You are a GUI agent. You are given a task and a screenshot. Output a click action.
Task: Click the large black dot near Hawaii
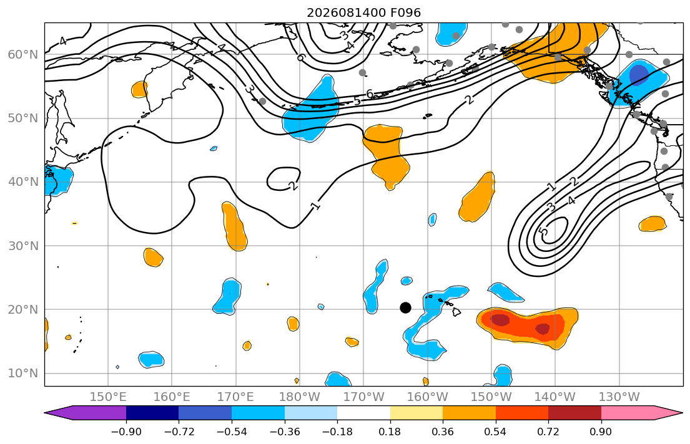[x=405, y=307]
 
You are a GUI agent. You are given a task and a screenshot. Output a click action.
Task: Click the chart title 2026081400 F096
[x=363, y=12]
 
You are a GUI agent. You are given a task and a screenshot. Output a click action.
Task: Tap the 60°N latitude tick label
[x=23, y=54]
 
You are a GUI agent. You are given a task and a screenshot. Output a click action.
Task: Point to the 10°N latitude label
[x=23, y=374]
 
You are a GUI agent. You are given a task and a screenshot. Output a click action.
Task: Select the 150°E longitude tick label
[x=108, y=397]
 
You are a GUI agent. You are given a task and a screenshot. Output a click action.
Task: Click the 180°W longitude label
[x=300, y=397]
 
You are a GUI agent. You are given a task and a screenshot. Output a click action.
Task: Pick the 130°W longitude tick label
[x=619, y=397]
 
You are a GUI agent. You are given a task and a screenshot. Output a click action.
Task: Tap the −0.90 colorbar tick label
[x=126, y=432]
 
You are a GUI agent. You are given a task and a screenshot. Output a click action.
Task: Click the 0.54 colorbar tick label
[x=496, y=432]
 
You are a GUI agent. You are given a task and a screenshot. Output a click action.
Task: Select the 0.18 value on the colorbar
[x=390, y=432]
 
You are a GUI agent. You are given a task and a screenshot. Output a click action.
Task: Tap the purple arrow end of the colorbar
[x=86, y=413]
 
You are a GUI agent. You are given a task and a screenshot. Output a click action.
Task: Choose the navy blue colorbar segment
[x=152, y=413]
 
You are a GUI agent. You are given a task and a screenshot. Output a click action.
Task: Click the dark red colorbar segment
[x=574, y=413]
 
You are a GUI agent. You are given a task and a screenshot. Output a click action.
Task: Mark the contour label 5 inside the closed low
[x=544, y=231]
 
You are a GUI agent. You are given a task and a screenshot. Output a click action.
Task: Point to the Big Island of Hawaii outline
[x=456, y=312]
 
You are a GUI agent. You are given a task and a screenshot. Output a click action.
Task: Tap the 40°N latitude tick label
[x=23, y=182]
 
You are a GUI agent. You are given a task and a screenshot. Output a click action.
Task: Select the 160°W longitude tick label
[x=428, y=397]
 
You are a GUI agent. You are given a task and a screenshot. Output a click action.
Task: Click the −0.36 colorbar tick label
[x=284, y=432]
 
